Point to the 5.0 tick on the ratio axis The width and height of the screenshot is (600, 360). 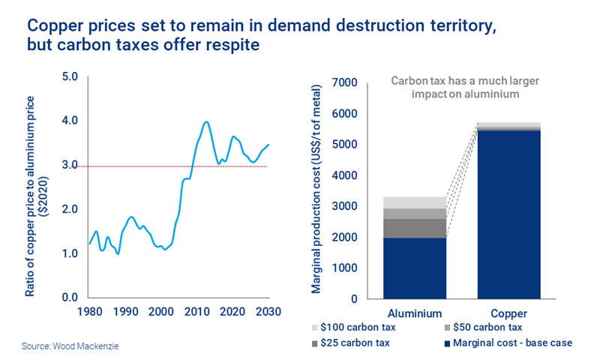click(x=70, y=76)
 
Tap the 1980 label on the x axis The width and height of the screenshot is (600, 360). click(x=90, y=311)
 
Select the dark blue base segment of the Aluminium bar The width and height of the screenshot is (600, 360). click(x=415, y=268)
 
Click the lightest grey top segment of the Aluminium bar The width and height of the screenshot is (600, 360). click(x=415, y=202)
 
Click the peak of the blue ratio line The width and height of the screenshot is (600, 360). click(x=206, y=121)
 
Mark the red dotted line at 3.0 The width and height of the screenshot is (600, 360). click(x=150, y=165)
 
